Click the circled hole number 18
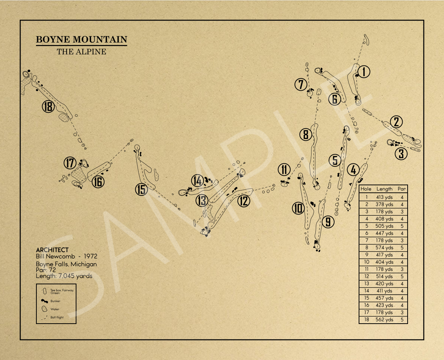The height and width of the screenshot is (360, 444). (x=48, y=107)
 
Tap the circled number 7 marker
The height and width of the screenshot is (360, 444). (x=301, y=84)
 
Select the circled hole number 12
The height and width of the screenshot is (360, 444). (x=244, y=201)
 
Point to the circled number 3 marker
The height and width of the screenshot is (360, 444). (x=401, y=154)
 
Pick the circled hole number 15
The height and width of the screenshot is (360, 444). (x=142, y=189)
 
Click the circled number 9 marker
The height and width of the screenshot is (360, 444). (x=328, y=222)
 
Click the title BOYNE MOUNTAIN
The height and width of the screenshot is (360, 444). (x=81, y=39)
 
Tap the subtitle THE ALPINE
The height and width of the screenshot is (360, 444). (x=81, y=52)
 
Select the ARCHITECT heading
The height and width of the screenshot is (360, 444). (x=52, y=250)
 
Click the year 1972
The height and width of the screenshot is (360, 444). (x=90, y=256)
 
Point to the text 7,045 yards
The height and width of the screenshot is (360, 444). (x=75, y=276)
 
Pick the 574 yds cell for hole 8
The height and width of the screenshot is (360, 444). (x=384, y=248)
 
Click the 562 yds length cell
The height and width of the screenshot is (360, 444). (x=384, y=320)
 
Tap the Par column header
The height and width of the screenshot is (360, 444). (x=402, y=189)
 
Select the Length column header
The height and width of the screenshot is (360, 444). (x=384, y=189)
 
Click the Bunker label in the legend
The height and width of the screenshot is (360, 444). (x=55, y=301)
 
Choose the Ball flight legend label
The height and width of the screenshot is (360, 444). (x=57, y=317)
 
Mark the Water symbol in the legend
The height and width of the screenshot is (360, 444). (x=44, y=309)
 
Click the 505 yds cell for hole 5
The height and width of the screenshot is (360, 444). (x=384, y=226)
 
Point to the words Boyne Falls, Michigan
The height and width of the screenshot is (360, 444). (x=66, y=264)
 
